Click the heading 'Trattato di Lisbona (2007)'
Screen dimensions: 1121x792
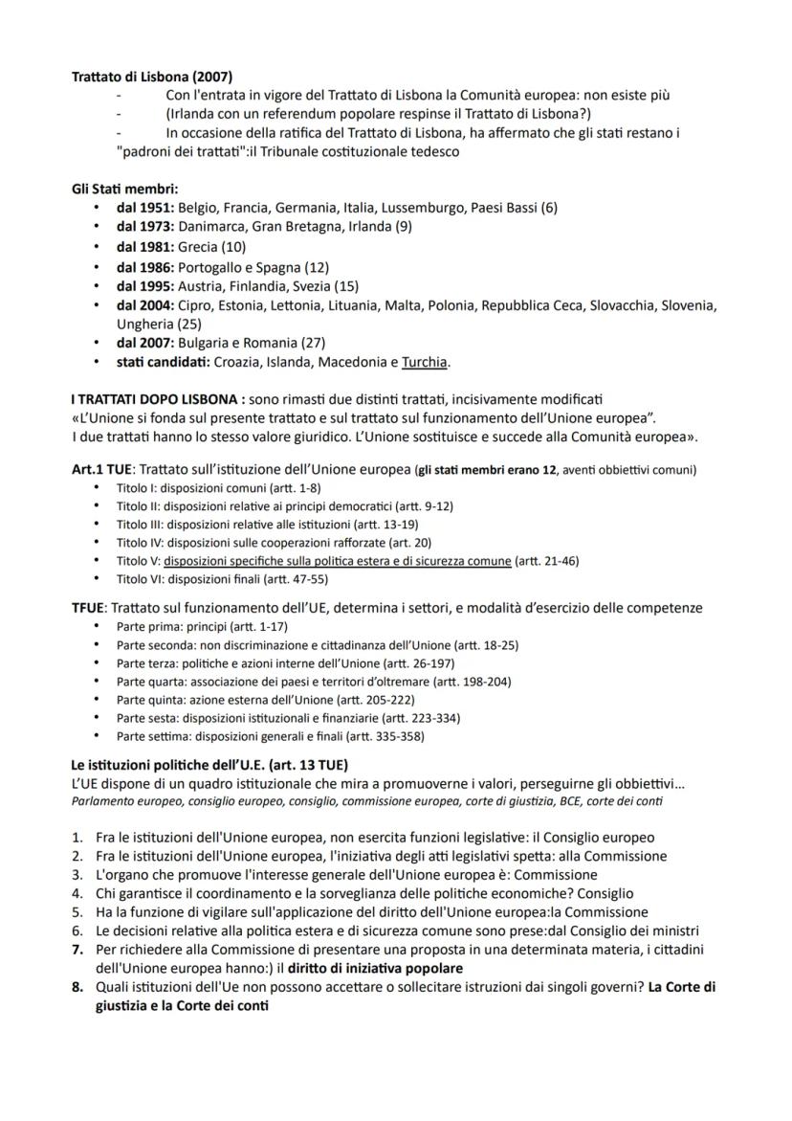click(152, 77)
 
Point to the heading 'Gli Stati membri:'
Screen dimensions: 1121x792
click(125, 189)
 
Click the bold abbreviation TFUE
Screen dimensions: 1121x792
click(89, 608)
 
